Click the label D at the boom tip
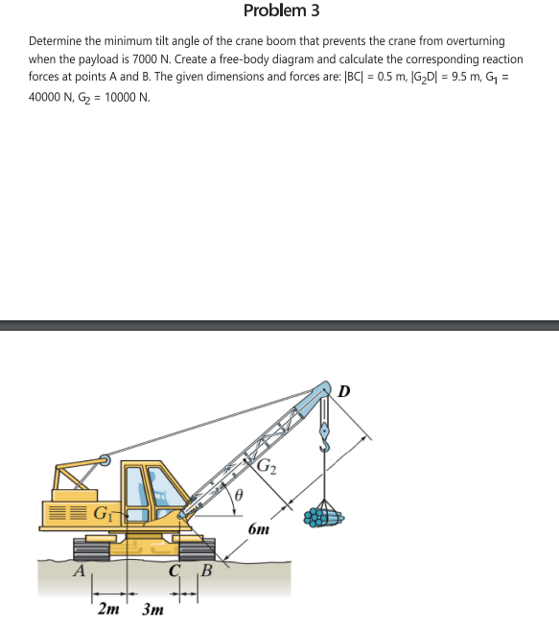click(344, 390)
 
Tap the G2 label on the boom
click(268, 467)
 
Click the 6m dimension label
click(259, 529)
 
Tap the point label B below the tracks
click(203, 574)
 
